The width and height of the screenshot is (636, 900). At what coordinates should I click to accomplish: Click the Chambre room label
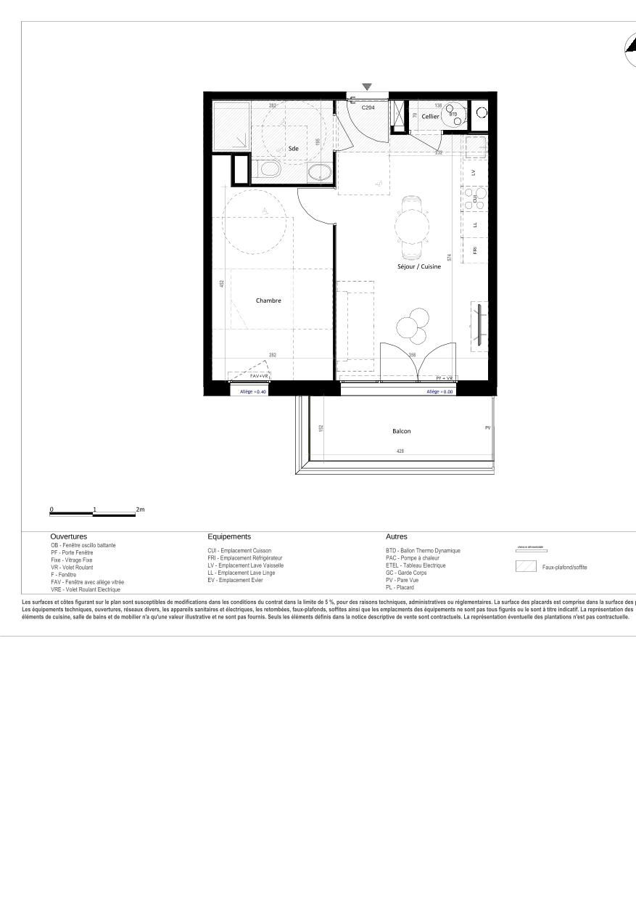click(268, 300)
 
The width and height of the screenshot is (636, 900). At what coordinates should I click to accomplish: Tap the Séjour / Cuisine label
click(418, 266)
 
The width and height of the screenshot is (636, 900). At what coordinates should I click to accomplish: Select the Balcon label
click(401, 431)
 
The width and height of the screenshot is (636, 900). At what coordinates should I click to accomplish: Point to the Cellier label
click(430, 116)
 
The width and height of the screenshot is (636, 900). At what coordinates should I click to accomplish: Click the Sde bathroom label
click(293, 149)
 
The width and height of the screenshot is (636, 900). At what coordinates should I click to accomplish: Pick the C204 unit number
click(368, 107)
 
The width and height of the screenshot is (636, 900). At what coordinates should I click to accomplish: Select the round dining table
click(410, 226)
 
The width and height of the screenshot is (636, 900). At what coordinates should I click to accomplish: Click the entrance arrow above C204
click(367, 87)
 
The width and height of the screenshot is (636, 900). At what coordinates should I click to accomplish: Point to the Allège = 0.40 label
click(254, 392)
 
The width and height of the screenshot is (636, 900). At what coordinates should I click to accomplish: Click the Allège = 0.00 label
click(439, 392)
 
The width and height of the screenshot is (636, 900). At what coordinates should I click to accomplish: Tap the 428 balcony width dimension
click(400, 451)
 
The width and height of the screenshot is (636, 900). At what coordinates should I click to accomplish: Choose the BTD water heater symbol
click(455, 115)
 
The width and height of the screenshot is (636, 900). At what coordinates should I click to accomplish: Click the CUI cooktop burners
click(475, 197)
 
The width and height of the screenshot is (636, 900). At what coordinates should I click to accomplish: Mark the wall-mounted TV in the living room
click(479, 323)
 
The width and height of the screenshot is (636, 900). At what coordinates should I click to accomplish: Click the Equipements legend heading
click(229, 536)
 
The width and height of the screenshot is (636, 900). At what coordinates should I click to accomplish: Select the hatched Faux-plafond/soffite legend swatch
click(526, 567)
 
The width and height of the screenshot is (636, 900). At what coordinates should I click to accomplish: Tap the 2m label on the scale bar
click(141, 510)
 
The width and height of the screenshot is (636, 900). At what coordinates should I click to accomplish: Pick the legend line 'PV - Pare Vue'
click(401, 580)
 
